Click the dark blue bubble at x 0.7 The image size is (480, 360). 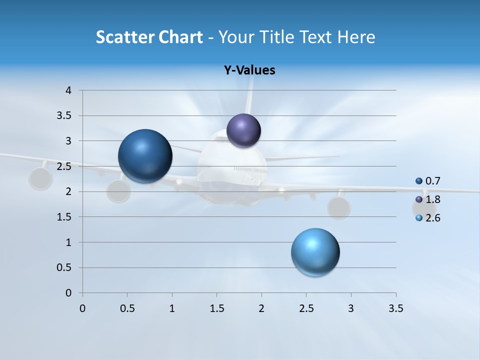(x=145, y=156)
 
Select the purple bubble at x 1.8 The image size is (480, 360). (x=243, y=130)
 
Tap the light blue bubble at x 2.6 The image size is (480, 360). (x=315, y=252)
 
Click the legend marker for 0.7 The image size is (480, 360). (x=419, y=181)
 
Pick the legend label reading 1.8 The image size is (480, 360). (x=432, y=199)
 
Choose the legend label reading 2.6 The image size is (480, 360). (x=432, y=218)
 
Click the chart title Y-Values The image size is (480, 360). (x=249, y=70)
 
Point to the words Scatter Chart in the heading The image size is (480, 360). (x=149, y=37)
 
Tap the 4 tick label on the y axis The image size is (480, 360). (x=68, y=90)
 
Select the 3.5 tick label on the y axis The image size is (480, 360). (x=65, y=115)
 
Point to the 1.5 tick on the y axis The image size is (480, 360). (x=65, y=217)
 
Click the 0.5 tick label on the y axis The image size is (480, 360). (x=65, y=267)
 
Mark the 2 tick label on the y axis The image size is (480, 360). (x=68, y=191)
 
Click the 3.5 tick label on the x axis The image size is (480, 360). (x=395, y=308)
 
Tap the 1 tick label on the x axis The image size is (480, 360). (x=172, y=308)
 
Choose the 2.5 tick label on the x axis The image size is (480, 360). (x=306, y=308)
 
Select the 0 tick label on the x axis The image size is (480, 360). (x=82, y=308)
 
